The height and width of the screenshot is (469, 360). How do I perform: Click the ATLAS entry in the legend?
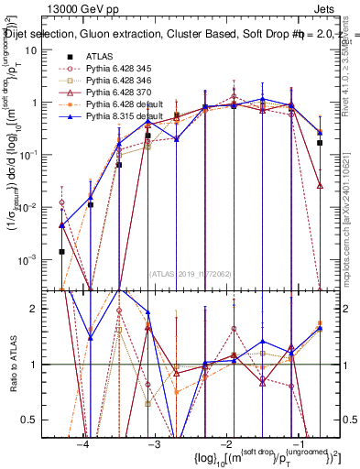point(101,57)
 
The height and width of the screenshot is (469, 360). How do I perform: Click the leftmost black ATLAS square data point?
point(61,251)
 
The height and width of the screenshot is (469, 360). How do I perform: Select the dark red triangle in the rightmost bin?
point(319,185)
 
